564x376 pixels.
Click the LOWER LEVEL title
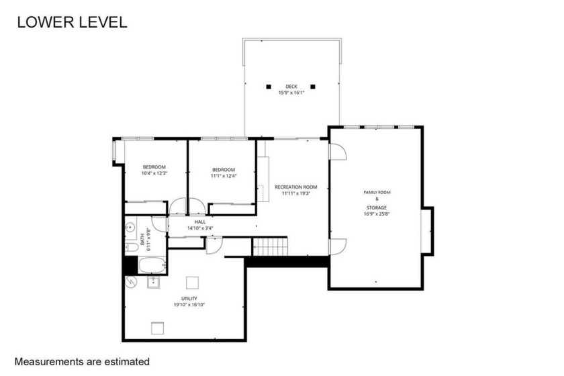click(71, 21)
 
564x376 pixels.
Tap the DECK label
click(291, 86)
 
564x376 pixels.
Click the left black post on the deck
click(269, 86)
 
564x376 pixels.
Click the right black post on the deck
click(313, 86)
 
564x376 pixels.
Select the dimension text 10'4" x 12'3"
click(154, 174)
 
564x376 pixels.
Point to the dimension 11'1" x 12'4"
click(223, 177)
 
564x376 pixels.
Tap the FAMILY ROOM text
click(377, 193)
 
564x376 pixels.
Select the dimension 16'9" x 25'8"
click(377, 214)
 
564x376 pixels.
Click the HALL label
click(200, 222)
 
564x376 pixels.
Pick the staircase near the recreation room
click(270, 247)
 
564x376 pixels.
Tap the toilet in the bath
click(131, 247)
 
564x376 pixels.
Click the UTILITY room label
click(189, 298)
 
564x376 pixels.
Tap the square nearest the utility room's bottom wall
click(158, 328)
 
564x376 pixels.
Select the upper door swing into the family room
click(336, 151)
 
